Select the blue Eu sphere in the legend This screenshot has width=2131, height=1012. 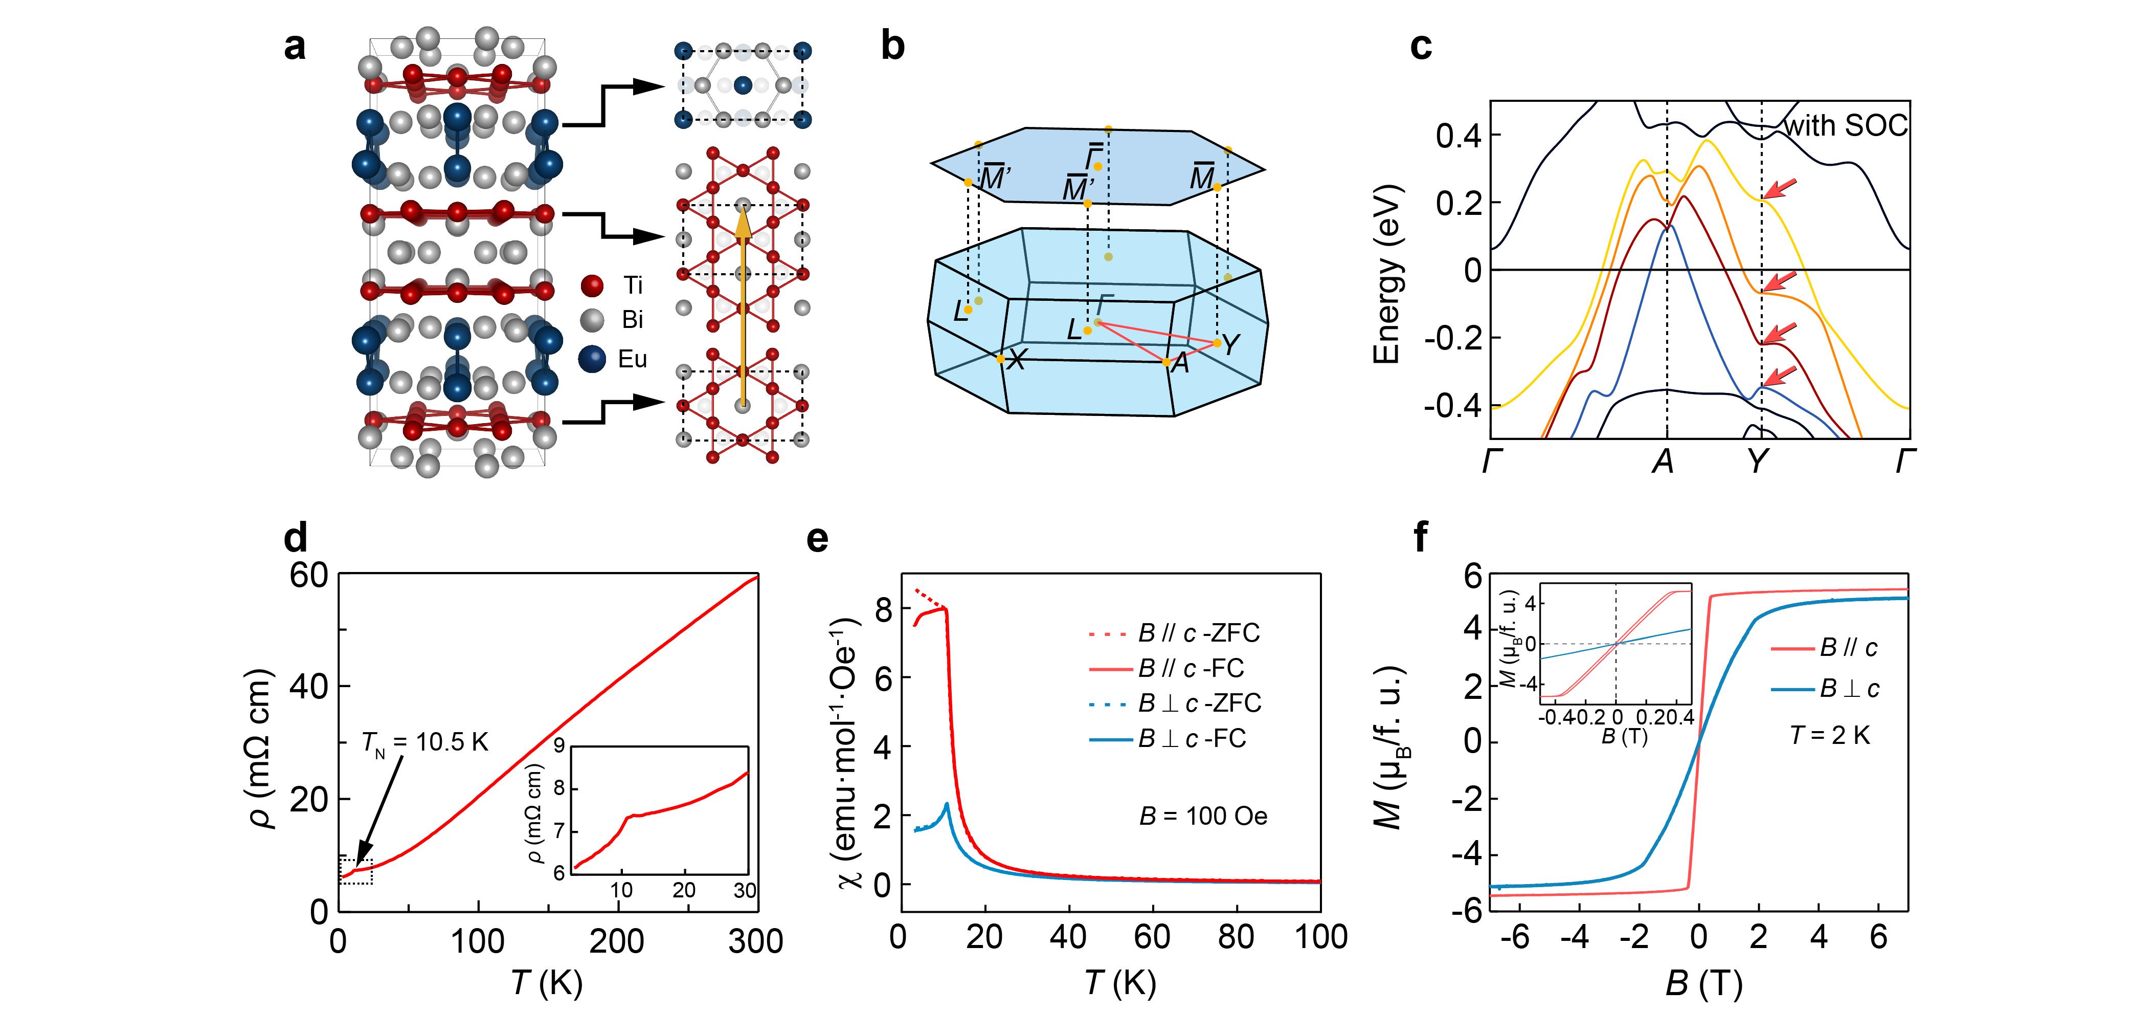pyautogui.click(x=592, y=359)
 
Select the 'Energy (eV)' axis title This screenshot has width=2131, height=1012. pyautogui.click(x=1386, y=273)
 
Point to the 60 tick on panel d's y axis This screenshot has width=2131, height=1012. pyautogui.click(x=308, y=575)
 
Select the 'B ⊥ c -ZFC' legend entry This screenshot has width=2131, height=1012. pyautogui.click(x=1200, y=703)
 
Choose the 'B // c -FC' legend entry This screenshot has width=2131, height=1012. pyautogui.click(x=1191, y=668)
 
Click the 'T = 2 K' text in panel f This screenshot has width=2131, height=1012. pyautogui.click(x=1830, y=735)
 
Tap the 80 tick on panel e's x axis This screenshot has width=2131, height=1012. pyautogui.click(x=1236, y=937)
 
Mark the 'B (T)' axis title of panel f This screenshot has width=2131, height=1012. pyautogui.click(x=1703, y=983)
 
